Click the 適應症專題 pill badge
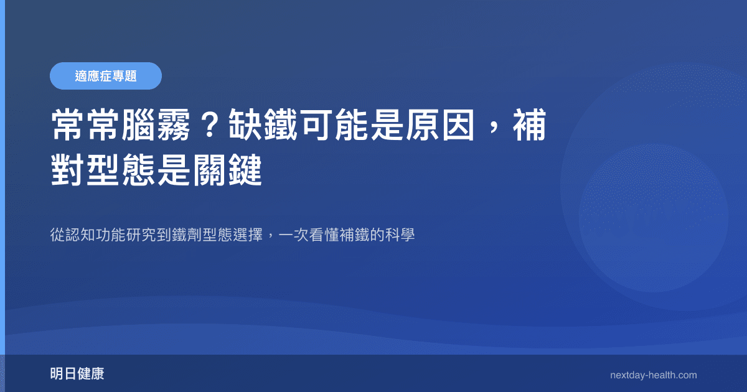(106, 76)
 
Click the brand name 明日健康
(77, 374)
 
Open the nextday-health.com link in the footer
(653, 375)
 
